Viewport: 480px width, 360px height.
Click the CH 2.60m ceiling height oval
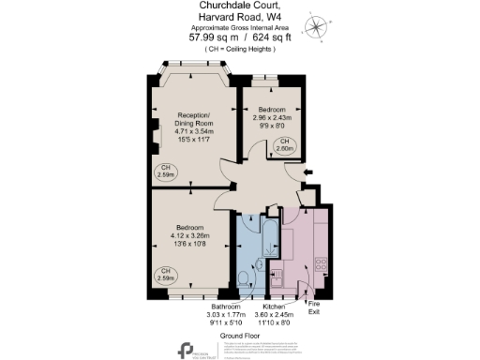point(283,142)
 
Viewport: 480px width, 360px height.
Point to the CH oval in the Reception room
point(165,172)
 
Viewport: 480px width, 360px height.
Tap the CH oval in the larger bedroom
point(165,276)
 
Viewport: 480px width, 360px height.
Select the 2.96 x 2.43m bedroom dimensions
point(277,116)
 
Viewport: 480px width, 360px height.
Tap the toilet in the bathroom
point(246,277)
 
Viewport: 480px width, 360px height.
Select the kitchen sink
point(277,277)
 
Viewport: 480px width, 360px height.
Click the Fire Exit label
point(314,307)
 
